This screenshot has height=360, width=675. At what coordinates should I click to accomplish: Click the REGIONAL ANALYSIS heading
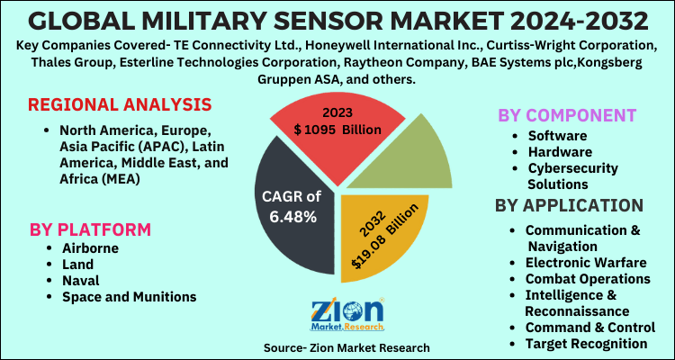pyautogui.click(x=119, y=104)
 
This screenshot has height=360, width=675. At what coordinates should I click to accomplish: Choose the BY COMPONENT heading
pyautogui.click(x=567, y=115)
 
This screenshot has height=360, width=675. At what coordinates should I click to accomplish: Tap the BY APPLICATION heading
pyautogui.click(x=569, y=204)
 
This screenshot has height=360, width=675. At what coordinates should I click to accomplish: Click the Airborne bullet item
pyautogui.click(x=90, y=247)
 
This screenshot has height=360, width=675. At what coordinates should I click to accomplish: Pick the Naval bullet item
pyautogui.click(x=81, y=280)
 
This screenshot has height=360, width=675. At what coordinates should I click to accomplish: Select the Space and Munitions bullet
pyautogui.click(x=129, y=296)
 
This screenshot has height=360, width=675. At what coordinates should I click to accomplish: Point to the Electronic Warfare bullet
pyautogui.click(x=585, y=262)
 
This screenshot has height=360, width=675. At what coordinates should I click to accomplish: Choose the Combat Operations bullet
pyautogui.click(x=588, y=278)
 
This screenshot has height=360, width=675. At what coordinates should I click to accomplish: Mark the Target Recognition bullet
pyautogui.click(x=586, y=343)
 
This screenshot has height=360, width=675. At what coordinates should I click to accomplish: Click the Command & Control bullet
pyautogui.click(x=589, y=327)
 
